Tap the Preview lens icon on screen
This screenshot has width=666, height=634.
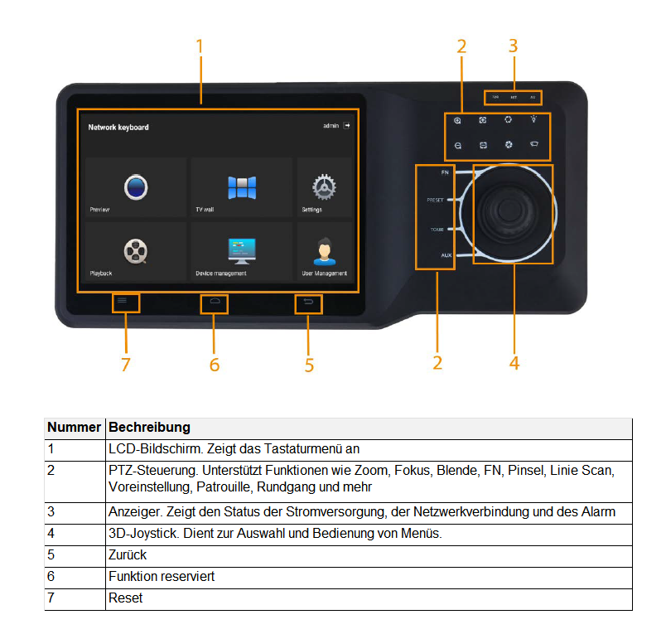pos(136,186)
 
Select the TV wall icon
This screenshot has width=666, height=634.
pos(242,187)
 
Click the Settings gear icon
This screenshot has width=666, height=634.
pos(323,187)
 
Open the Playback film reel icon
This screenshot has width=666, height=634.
pos(136,249)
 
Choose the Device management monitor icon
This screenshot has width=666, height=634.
pos(242,249)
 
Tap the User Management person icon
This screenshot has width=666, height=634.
pos(323,249)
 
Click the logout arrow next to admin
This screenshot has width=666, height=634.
pos(347,126)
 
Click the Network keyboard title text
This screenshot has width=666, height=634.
pos(118,128)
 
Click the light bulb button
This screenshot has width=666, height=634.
pos(534,120)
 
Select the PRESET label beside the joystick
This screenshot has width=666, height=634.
pos(436,201)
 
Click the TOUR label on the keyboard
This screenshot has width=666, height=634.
pos(437,229)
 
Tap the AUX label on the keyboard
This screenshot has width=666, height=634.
pos(446,255)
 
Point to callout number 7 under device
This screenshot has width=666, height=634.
pos(125,365)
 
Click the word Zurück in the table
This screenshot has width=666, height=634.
pos(128,554)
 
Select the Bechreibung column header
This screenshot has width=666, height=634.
pos(149,428)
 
